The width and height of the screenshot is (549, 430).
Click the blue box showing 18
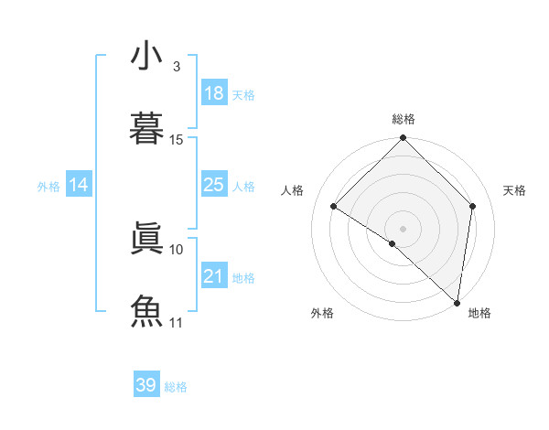(x=214, y=93)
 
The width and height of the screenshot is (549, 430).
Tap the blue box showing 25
(x=214, y=186)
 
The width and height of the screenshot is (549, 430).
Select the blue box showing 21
(x=214, y=277)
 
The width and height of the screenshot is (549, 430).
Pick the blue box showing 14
(x=79, y=186)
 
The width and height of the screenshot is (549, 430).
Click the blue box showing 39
(x=146, y=386)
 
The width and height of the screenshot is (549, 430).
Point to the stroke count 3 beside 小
(x=177, y=67)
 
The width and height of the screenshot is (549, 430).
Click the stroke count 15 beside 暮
(x=177, y=140)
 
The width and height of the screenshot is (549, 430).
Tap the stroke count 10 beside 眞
(x=177, y=249)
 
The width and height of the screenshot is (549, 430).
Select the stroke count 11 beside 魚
(x=177, y=323)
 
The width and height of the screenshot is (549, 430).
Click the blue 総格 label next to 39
(x=177, y=387)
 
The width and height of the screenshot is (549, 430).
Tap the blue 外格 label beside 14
(x=48, y=187)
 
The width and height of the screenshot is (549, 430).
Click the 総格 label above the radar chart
(x=404, y=120)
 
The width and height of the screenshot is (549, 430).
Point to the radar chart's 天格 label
(x=515, y=190)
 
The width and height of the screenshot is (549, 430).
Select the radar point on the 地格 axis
(x=457, y=302)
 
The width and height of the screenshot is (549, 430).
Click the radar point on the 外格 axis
(x=393, y=243)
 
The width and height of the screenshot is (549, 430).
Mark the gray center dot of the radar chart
(x=404, y=228)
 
